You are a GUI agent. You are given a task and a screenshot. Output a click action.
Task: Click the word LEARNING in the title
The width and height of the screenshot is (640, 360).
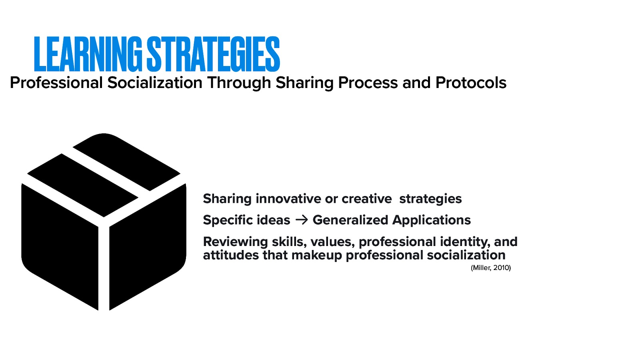pos(88,54)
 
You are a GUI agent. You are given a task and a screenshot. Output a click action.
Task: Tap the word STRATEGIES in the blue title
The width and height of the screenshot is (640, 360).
pos(213,54)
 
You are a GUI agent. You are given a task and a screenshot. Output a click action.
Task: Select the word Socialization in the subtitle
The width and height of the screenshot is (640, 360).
pos(155,83)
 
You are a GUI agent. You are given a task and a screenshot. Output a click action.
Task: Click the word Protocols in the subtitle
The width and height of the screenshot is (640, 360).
pos(471,83)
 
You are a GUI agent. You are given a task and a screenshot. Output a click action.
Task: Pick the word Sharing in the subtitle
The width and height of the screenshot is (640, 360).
pos(304,83)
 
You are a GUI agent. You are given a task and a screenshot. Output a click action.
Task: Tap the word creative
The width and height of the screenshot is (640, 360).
pos(366,199)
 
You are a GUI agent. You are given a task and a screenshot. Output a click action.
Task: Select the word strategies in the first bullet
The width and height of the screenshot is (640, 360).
pos(430,199)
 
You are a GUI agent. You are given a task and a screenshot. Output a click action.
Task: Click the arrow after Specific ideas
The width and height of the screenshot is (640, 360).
pos(301,220)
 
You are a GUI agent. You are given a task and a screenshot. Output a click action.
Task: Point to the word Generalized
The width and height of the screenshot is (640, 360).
pos(350,220)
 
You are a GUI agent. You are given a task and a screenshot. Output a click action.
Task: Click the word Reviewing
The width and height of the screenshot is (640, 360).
pos(235,242)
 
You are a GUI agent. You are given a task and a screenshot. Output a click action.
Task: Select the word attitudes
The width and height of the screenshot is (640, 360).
pos(231,255)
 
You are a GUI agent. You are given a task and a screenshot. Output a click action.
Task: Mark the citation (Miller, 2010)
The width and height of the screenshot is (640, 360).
pos(491,268)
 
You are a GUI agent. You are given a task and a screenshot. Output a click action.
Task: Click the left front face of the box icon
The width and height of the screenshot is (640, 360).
pos(60,244)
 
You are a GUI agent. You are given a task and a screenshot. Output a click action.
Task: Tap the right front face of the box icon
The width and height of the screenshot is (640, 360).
pos(148,244)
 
